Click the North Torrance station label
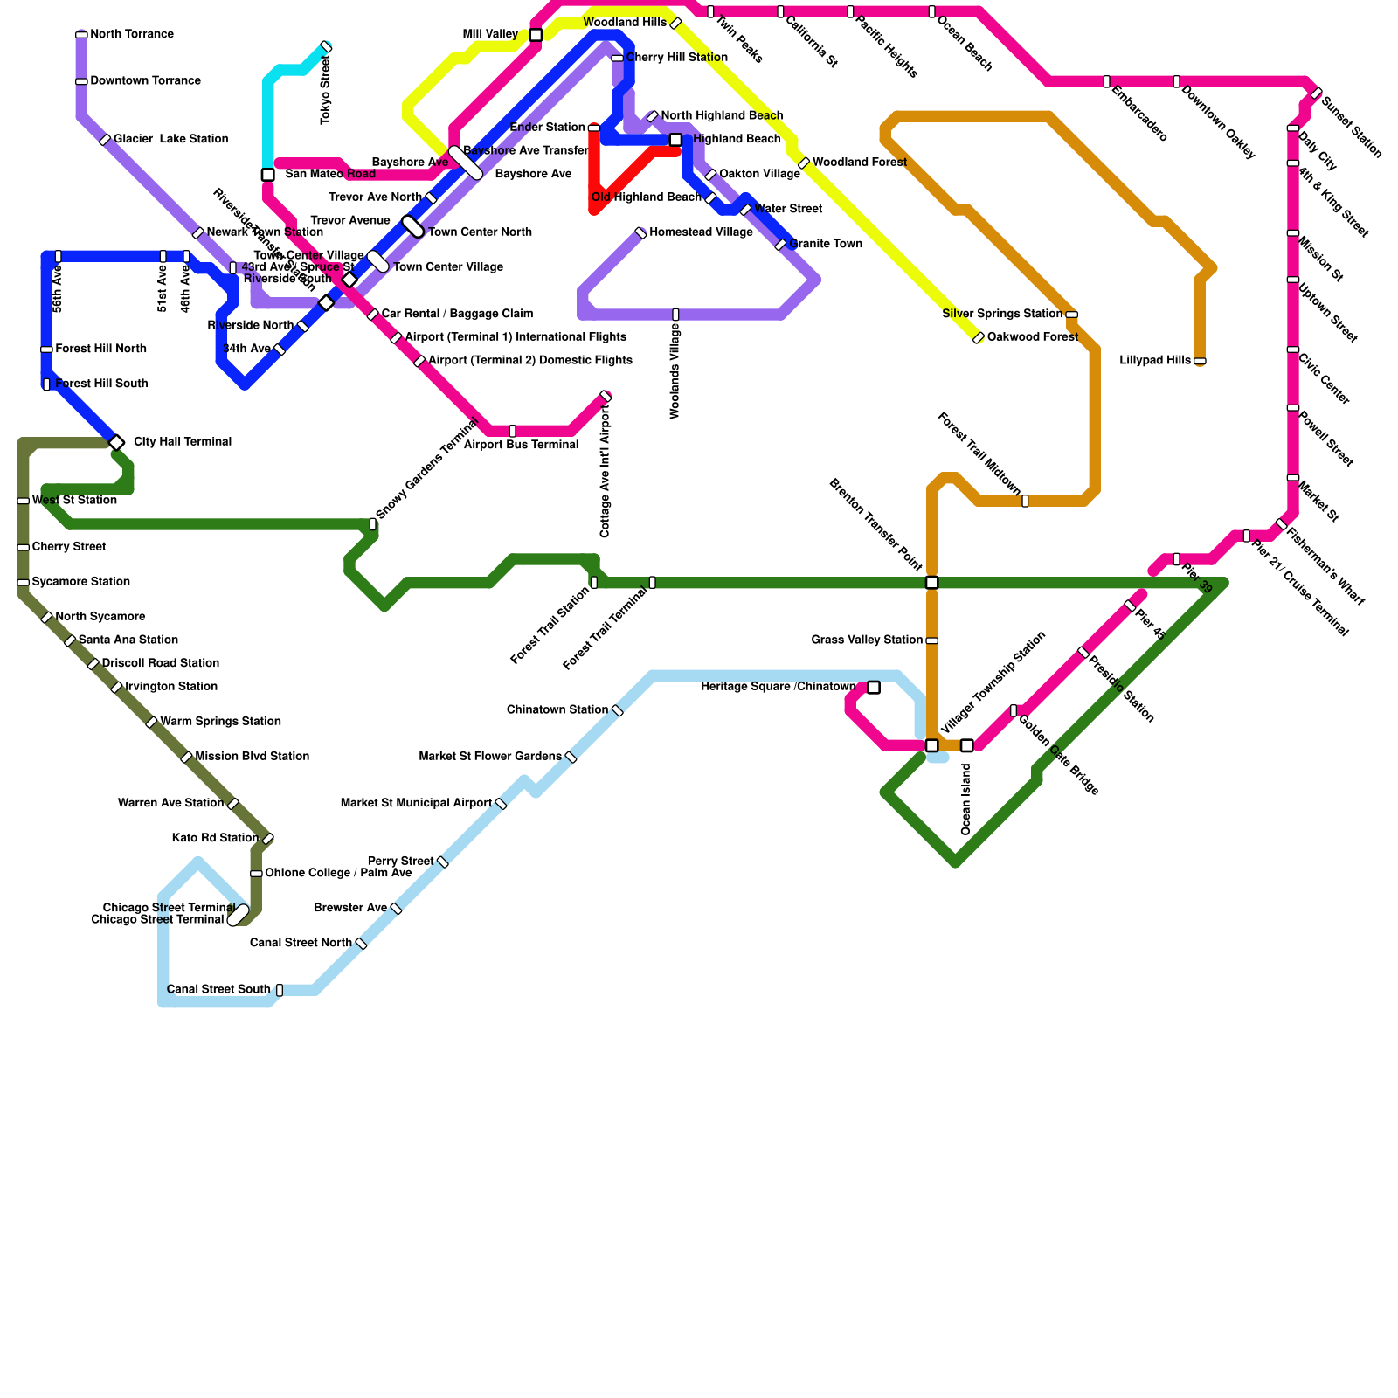[x=132, y=35]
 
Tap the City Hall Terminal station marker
[x=116, y=442]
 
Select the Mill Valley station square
[x=536, y=35]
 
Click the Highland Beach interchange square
[x=675, y=140]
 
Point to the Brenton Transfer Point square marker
[x=932, y=583]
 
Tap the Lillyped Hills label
[x=1154, y=361]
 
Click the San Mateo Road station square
[x=268, y=175]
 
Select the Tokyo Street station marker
[x=326, y=46]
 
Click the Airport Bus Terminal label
[x=521, y=445]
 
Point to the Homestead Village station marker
[x=640, y=232]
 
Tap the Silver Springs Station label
[x=1002, y=314]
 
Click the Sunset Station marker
[x=1316, y=93]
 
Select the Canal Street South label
[x=218, y=990]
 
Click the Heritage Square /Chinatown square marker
[x=874, y=688]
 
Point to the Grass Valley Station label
[x=867, y=640]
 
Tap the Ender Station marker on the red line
[x=594, y=128]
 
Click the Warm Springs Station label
[x=220, y=722]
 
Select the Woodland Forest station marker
[x=804, y=163]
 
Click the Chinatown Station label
[x=557, y=709]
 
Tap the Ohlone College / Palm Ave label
[x=338, y=873]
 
